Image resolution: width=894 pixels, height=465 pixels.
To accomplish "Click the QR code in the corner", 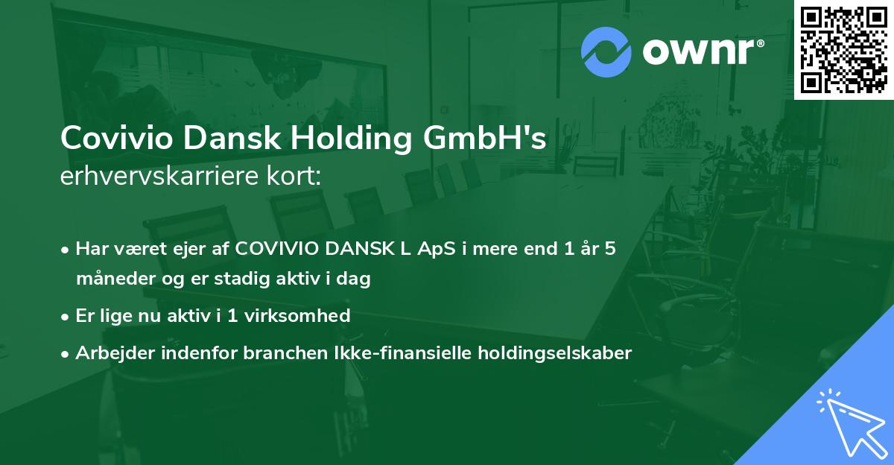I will click(x=843, y=49).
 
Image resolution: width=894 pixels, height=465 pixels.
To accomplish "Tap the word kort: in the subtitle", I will click(x=296, y=176).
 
